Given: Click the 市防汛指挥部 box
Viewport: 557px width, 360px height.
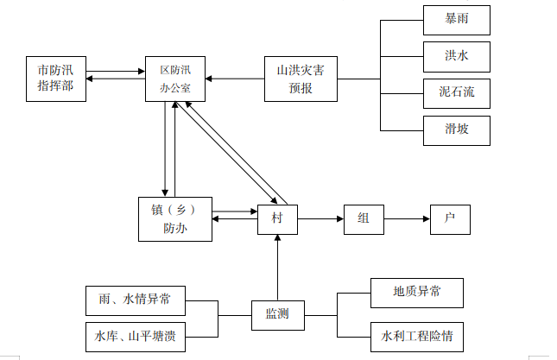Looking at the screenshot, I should (56, 79).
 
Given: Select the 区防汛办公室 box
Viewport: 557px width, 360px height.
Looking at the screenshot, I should (175, 79).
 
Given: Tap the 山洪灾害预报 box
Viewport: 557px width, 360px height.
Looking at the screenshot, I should (300, 79).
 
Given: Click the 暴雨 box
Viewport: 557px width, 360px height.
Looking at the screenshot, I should (457, 20).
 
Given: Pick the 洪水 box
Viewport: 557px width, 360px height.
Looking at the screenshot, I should (457, 56).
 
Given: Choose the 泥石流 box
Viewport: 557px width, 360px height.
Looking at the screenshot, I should (457, 92).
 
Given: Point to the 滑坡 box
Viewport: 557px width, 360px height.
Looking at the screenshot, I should (457, 129).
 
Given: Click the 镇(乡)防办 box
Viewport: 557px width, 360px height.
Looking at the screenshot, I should (175, 219).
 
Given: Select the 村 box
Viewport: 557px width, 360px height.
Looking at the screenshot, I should (277, 219).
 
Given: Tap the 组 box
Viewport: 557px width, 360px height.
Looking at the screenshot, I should (363, 219).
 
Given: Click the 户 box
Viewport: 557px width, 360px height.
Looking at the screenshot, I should (450, 219).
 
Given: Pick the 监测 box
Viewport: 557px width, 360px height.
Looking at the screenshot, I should (277, 315).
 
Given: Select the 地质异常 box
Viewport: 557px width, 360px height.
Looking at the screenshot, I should (417, 293).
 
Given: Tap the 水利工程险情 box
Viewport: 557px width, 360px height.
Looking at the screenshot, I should (417, 334).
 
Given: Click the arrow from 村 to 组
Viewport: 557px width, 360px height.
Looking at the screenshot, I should (320, 219).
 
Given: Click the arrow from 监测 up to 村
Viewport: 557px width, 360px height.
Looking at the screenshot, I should (277, 268).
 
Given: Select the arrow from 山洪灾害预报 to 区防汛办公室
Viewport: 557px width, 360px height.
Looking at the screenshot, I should (234, 79).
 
